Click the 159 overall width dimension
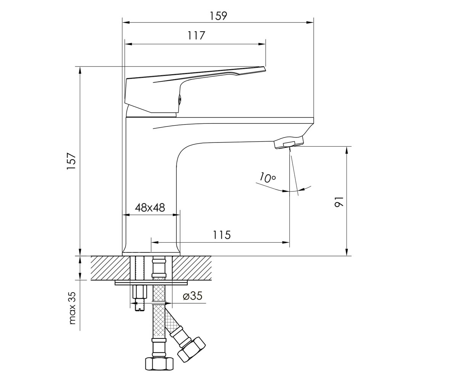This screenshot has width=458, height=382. pos(218,16)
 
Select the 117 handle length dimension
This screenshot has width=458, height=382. pos(196,36)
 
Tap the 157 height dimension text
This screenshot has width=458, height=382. pos(71,161)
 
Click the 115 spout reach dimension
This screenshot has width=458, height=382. pos(222,235)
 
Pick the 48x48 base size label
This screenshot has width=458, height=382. pos(150,207)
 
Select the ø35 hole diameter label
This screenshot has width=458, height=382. pos(192,296)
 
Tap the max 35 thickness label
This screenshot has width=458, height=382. pos(72,308)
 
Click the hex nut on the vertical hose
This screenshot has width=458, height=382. pos(159,364)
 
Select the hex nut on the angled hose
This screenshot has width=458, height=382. pos(191,350)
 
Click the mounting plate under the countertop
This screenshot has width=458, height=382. pos(152,283)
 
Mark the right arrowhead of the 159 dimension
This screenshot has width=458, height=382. pos(310,23)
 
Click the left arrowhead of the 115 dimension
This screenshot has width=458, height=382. pos(155,242)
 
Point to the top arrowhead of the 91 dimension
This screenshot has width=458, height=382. pos(347,150)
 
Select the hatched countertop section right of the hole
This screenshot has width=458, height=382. pos(192,268)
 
